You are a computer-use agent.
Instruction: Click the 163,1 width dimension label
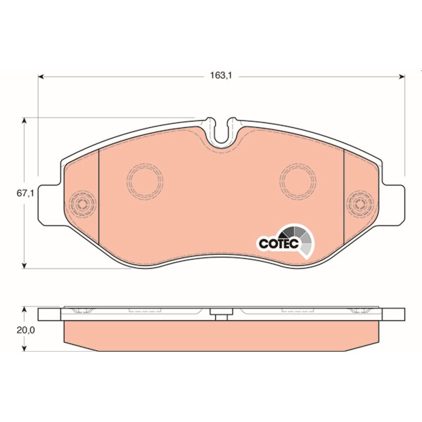click(x=221, y=76)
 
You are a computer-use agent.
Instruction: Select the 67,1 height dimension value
click(x=25, y=193)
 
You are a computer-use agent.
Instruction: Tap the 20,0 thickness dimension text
click(x=25, y=331)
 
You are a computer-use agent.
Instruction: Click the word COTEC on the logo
click(x=279, y=243)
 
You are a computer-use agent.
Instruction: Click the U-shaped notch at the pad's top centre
click(x=222, y=132)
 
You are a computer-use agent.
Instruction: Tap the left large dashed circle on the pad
click(x=145, y=181)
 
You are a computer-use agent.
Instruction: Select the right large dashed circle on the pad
click(x=298, y=181)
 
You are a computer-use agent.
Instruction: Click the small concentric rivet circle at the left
click(x=82, y=204)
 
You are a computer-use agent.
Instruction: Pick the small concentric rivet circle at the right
click(x=360, y=204)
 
